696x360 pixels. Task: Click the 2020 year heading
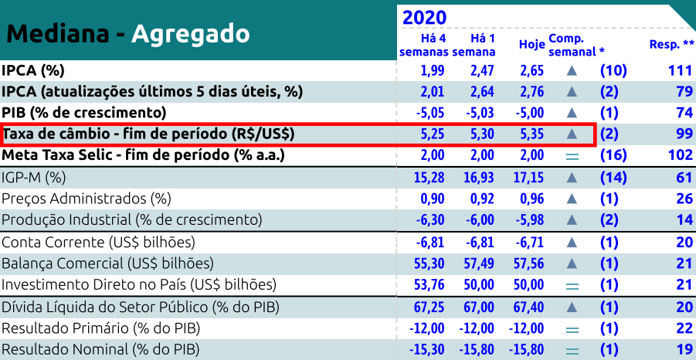425,17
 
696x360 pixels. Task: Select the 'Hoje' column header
531,45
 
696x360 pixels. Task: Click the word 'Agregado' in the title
190,33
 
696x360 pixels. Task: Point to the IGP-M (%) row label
34,178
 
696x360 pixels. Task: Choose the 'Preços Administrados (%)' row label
86,199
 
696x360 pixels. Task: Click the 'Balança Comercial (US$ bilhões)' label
107,263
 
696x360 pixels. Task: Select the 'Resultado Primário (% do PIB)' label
101,328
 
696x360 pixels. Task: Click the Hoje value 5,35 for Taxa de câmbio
532,134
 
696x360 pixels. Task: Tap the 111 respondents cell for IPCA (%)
678,70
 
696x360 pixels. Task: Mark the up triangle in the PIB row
572,113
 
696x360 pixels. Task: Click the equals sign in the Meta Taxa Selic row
572,155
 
